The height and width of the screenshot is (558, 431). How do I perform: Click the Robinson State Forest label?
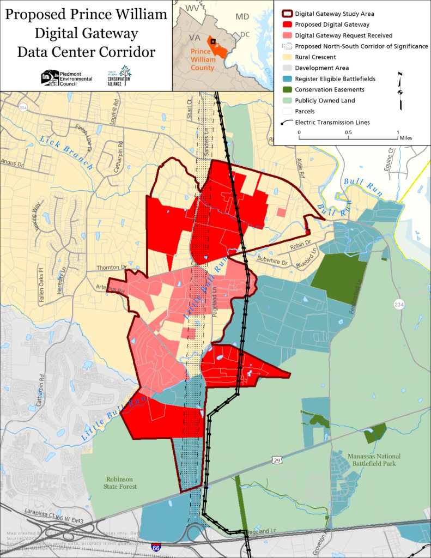pyautogui.click(x=122, y=483)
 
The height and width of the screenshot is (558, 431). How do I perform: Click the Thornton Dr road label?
pyautogui.click(x=111, y=268)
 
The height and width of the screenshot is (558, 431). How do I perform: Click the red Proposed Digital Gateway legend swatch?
pyautogui.click(x=286, y=25)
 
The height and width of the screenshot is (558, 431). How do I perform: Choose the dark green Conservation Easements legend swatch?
pyautogui.click(x=286, y=89)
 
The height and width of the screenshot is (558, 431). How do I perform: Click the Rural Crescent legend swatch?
pyautogui.click(x=286, y=57)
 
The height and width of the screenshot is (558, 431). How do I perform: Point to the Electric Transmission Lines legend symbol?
pyautogui.click(x=286, y=122)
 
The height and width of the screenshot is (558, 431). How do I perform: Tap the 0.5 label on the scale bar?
pyautogui.click(x=348, y=132)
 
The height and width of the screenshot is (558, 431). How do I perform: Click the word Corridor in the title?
pyautogui.click(x=124, y=52)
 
